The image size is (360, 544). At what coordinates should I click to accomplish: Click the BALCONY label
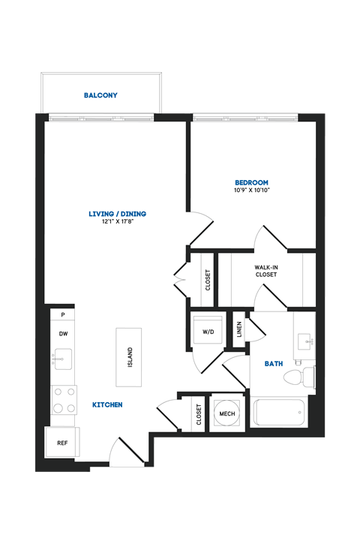click(x=100, y=95)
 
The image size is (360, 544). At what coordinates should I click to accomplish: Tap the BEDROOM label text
click(x=251, y=182)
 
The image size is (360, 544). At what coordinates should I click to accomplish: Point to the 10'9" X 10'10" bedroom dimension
click(x=251, y=191)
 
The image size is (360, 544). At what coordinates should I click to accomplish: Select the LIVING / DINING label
click(x=117, y=214)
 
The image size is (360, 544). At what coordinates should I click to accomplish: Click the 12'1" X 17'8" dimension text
click(x=117, y=222)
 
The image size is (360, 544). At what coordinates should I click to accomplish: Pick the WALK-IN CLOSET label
click(x=265, y=271)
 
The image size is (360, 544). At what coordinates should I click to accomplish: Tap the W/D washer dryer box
click(x=206, y=331)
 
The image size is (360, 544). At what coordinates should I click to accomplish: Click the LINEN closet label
click(x=239, y=329)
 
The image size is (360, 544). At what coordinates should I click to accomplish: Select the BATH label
click(x=274, y=364)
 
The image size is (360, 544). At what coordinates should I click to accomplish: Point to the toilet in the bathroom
click(x=304, y=375)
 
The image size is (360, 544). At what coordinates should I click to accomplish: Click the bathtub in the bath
click(x=280, y=413)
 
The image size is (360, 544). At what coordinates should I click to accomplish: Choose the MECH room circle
click(x=226, y=413)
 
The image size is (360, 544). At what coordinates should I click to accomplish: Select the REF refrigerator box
click(x=62, y=443)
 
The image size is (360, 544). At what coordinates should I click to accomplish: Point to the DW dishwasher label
click(x=64, y=334)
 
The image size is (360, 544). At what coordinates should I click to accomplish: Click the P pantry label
click(x=63, y=315)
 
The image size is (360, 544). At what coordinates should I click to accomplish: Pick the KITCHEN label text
click(x=107, y=405)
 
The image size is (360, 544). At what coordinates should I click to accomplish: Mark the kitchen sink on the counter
click(x=63, y=359)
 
